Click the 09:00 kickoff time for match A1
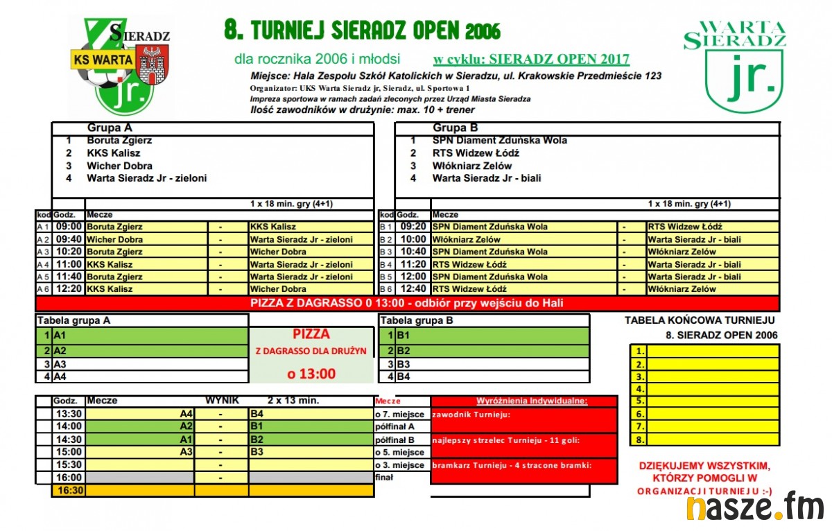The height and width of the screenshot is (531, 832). pos(69,227)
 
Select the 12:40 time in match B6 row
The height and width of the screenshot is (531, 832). pos(413,289)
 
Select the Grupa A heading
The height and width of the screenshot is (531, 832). pos(110,128)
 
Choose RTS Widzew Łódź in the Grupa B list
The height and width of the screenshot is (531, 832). pos(476,153)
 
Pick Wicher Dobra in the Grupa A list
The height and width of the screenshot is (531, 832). pos(119,166)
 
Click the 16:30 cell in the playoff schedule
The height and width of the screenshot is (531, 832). pos(69,490)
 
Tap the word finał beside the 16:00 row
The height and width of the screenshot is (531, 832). pos(384,478)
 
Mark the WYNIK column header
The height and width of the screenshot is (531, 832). pos(222,401)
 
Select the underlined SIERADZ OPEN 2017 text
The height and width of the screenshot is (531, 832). pos(531,60)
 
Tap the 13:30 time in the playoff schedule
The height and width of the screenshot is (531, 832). pos(69,414)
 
